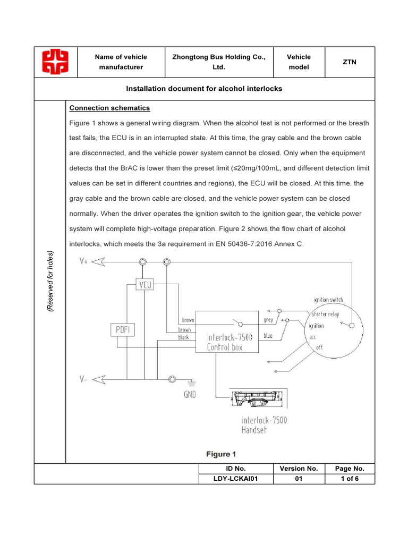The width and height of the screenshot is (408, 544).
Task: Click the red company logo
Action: (x=56, y=62)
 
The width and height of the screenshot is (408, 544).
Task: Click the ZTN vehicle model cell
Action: (x=350, y=62)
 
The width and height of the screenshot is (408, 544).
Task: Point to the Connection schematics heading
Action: (x=110, y=108)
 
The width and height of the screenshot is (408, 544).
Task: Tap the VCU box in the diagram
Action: (x=144, y=285)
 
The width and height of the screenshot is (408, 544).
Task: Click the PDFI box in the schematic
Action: (x=123, y=330)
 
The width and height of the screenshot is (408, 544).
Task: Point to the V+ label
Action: (x=84, y=261)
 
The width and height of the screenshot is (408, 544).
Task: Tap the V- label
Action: (x=84, y=379)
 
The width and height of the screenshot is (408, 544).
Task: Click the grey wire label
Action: (x=268, y=320)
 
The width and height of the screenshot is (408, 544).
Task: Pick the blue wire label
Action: (x=268, y=336)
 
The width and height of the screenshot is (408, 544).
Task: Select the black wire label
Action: (x=183, y=337)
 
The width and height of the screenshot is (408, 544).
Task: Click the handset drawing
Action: (x=256, y=398)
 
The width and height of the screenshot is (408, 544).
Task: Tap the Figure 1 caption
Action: (x=220, y=454)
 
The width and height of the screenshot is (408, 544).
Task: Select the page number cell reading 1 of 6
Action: (x=350, y=478)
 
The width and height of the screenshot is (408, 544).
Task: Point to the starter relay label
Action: (x=325, y=314)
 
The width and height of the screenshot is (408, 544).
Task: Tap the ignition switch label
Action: (x=328, y=300)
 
